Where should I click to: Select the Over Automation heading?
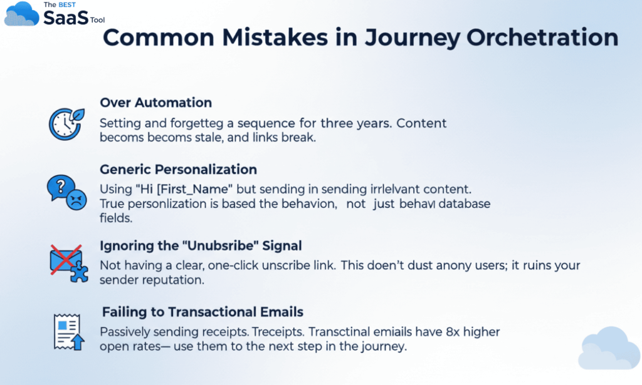155,103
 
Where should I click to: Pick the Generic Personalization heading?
178,170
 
